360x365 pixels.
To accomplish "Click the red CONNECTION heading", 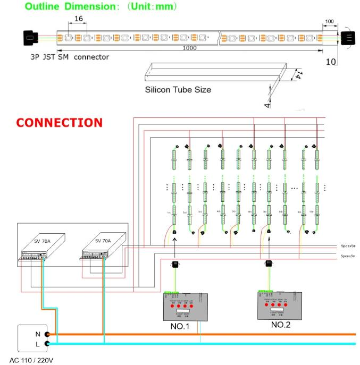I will coord(59,123).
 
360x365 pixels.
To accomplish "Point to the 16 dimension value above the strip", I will coord(79,19).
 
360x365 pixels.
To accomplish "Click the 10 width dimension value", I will coord(331,62).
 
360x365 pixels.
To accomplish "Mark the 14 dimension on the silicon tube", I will coord(298,74).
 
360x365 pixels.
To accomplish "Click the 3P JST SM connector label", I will coord(70,56).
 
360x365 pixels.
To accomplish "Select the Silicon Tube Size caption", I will coord(178,90).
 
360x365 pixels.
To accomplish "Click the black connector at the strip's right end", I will coord(347,38).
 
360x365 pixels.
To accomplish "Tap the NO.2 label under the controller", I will coord(280,324).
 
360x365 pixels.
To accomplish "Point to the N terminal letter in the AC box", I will coord(37,334).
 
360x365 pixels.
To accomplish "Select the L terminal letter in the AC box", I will coord(37,344).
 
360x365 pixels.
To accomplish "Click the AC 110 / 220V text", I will coord(35,360).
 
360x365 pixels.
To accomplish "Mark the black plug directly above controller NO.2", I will coord(269,264).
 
